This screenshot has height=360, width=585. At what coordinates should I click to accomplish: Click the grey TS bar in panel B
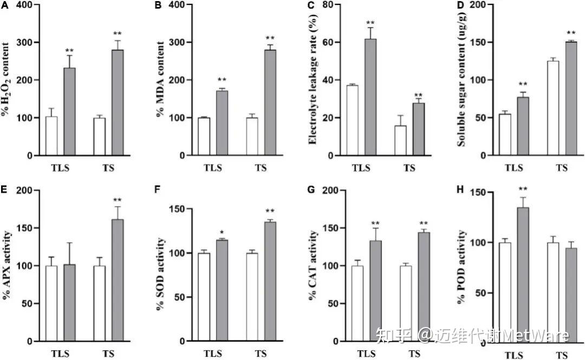pos(270,103)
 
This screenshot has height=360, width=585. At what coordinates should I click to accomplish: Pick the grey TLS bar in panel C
pos(370,97)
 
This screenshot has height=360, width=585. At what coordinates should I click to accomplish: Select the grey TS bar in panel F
pos(270,282)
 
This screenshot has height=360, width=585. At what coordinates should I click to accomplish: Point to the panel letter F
pos(158,191)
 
